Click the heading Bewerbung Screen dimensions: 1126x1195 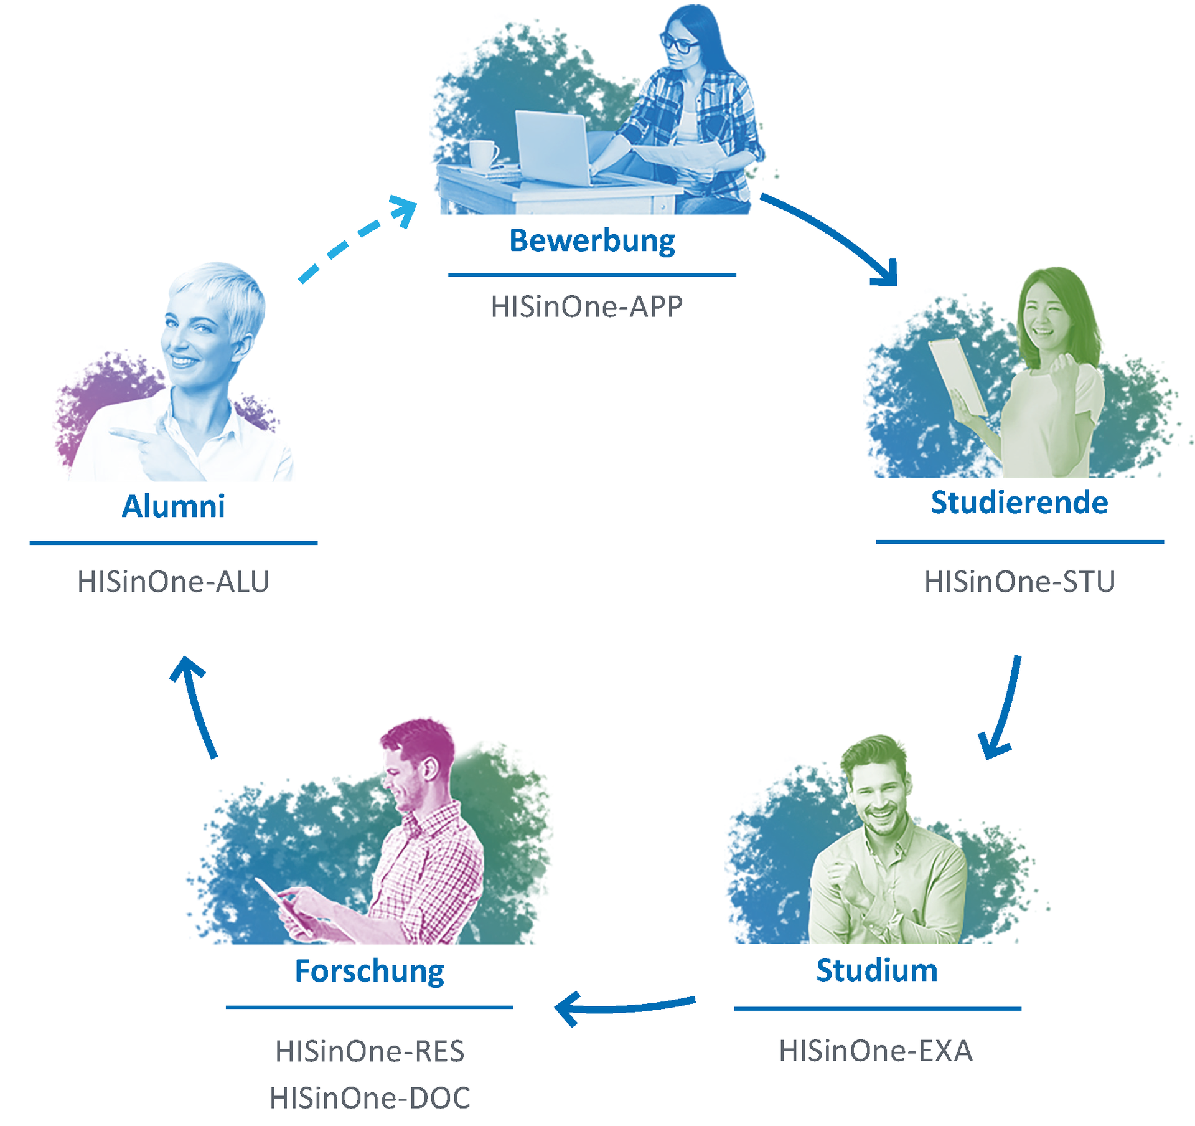tap(592, 241)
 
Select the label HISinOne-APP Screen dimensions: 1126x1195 tap(586, 306)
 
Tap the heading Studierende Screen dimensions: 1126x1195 tap(1019, 503)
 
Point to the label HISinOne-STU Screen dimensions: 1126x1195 tap(1019, 582)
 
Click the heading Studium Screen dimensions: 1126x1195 tap(876, 971)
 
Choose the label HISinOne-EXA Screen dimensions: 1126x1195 tap(875, 1051)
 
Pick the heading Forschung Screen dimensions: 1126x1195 tap(369, 971)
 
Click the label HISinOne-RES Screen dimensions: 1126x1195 tap(370, 1051)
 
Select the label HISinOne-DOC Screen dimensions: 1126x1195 tap(370, 1098)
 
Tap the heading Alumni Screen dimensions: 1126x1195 tap(173, 506)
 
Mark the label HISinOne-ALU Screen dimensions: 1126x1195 tap(173, 582)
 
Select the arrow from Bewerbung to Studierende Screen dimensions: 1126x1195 tap(834, 235)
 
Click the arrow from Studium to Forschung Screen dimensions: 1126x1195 tap(622, 1007)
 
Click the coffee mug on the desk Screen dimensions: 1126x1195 tap(482, 154)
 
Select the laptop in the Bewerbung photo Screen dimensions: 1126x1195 tap(553, 148)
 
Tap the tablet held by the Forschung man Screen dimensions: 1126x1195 tap(283, 906)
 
